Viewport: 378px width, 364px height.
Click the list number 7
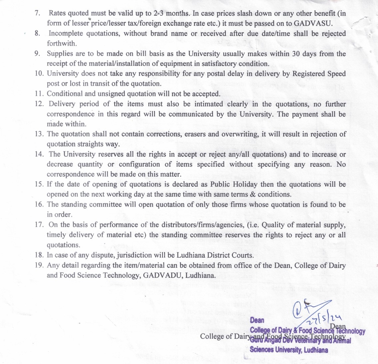point(37,14)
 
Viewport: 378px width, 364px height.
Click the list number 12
point(39,104)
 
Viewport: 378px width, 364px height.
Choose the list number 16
point(39,205)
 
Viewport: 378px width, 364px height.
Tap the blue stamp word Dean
point(257,320)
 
